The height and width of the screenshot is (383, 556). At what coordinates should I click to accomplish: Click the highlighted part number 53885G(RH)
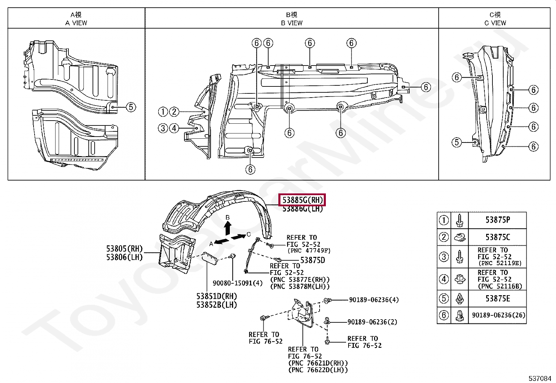(302, 200)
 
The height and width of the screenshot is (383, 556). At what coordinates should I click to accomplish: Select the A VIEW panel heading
(76, 19)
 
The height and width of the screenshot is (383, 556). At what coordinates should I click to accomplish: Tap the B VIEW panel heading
(292, 19)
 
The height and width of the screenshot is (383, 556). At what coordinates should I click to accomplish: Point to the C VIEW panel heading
(495, 19)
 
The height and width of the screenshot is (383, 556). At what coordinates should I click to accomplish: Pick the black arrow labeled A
(221, 241)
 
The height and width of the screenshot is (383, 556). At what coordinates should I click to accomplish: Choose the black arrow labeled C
(239, 237)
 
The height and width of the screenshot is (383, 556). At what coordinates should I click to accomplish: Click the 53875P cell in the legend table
(497, 220)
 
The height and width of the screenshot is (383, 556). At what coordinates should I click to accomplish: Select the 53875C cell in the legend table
(497, 237)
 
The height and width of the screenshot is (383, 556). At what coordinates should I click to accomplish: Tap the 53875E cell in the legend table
(497, 299)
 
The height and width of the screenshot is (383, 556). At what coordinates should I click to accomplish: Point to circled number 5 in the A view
(131, 107)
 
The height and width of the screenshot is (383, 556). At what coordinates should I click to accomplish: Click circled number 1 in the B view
(163, 112)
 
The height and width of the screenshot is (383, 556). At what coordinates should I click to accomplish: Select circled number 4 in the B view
(174, 128)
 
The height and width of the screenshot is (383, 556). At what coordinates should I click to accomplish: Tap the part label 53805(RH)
(125, 249)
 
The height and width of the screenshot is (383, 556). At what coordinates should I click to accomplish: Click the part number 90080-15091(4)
(237, 283)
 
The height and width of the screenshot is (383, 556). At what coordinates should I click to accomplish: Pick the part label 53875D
(313, 260)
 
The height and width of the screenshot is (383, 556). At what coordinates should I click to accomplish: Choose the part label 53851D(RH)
(217, 296)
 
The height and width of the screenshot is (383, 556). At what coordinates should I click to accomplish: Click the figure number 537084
(540, 378)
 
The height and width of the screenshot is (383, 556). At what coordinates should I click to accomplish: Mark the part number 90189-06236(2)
(372, 322)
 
